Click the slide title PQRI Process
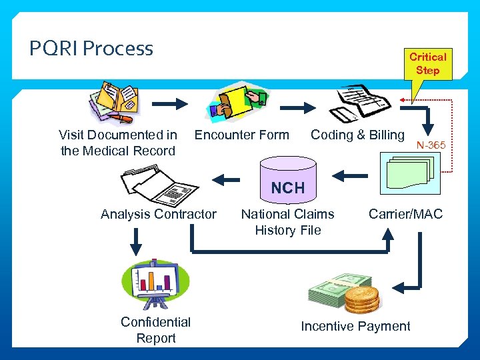click(91, 49)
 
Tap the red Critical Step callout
click(427, 64)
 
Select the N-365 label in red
click(431, 145)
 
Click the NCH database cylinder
click(287, 180)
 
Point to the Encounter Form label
click(241, 135)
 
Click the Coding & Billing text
click(357, 135)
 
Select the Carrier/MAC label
click(405, 214)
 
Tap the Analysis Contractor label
click(159, 214)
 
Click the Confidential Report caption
click(155, 330)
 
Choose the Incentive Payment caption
click(355, 326)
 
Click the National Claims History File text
click(287, 222)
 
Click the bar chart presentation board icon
click(155, 283)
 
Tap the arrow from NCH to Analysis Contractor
click(226, 178)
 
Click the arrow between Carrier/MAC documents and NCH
click(349, 176)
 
